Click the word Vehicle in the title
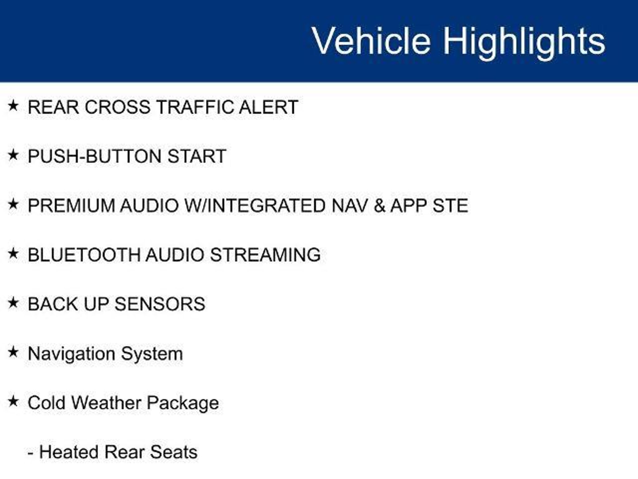point(371,41)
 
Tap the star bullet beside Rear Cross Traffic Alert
point(13,106)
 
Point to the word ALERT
point(269,107)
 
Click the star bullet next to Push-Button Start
point(13,155)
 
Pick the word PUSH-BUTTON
point(95,156)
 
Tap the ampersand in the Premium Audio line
point(379,206)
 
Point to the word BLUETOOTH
point(84,255)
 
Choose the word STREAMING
point(265,255)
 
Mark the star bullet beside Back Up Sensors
point(13,302)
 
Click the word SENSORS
point(160,304)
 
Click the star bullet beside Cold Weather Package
point(13,401)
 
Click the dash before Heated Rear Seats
point(31,453)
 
